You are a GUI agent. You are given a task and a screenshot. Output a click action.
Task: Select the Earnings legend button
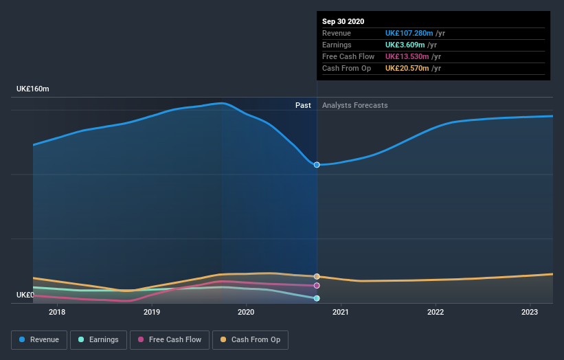pos(98,339)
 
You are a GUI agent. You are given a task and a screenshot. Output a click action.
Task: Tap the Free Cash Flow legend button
pos(170,339)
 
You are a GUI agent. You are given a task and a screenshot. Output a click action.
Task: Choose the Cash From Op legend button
pos(251,339)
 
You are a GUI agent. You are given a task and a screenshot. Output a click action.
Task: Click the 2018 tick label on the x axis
pos(58,312)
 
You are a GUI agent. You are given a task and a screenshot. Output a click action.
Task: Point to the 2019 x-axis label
pos(152,312)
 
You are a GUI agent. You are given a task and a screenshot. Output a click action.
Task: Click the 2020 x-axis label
pos(246,312)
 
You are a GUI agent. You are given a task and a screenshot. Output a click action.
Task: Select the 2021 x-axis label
pos(341,312)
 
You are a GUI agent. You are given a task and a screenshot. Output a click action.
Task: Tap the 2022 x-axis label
pos(435,312)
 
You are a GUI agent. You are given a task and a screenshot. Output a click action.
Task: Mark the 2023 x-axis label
pos(529,312)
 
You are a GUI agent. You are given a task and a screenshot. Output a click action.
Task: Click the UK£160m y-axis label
pos(33,89)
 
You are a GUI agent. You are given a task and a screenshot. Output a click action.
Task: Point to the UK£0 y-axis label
pos(25,295)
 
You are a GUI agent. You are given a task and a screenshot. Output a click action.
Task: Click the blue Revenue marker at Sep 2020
pos(317,165)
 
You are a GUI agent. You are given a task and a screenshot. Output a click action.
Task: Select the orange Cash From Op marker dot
pos(317,276)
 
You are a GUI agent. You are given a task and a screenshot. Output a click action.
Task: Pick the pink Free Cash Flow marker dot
pos(317,285)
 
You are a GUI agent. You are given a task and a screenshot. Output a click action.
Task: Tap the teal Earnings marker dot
pos(317,298)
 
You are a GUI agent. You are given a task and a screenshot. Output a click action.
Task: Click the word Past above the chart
pos(303,105)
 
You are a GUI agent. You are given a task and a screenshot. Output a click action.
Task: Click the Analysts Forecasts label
pos(354,105)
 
